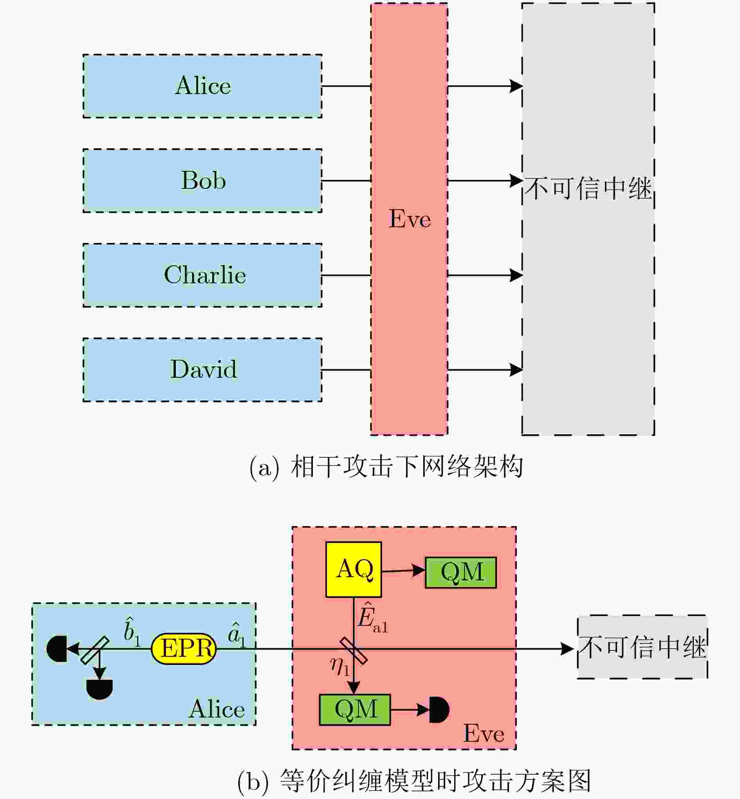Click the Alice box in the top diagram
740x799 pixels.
tap(202, 86)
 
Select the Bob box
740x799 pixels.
tap(202, 181)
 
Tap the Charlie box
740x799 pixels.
tap(202, 275)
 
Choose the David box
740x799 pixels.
tap(202, 370)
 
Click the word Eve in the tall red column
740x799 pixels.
tap(410, 219)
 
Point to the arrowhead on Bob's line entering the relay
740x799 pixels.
tap(516, 181)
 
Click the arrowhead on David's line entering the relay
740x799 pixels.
tap(516, 370)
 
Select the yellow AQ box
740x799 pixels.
tap(354, 569)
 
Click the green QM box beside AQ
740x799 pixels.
tap(461, 572)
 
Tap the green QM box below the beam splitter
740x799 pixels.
tap(355, 710)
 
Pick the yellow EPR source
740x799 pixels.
tap(184, 649)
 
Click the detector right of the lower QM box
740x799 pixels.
tap(439, 710)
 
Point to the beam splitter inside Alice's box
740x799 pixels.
tap(94, 650)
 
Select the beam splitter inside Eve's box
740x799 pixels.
tap(354, 651)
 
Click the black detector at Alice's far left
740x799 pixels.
tap(56, 649)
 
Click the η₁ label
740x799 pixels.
tap(340, 667)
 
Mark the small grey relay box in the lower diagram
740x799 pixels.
tap(642, 647)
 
